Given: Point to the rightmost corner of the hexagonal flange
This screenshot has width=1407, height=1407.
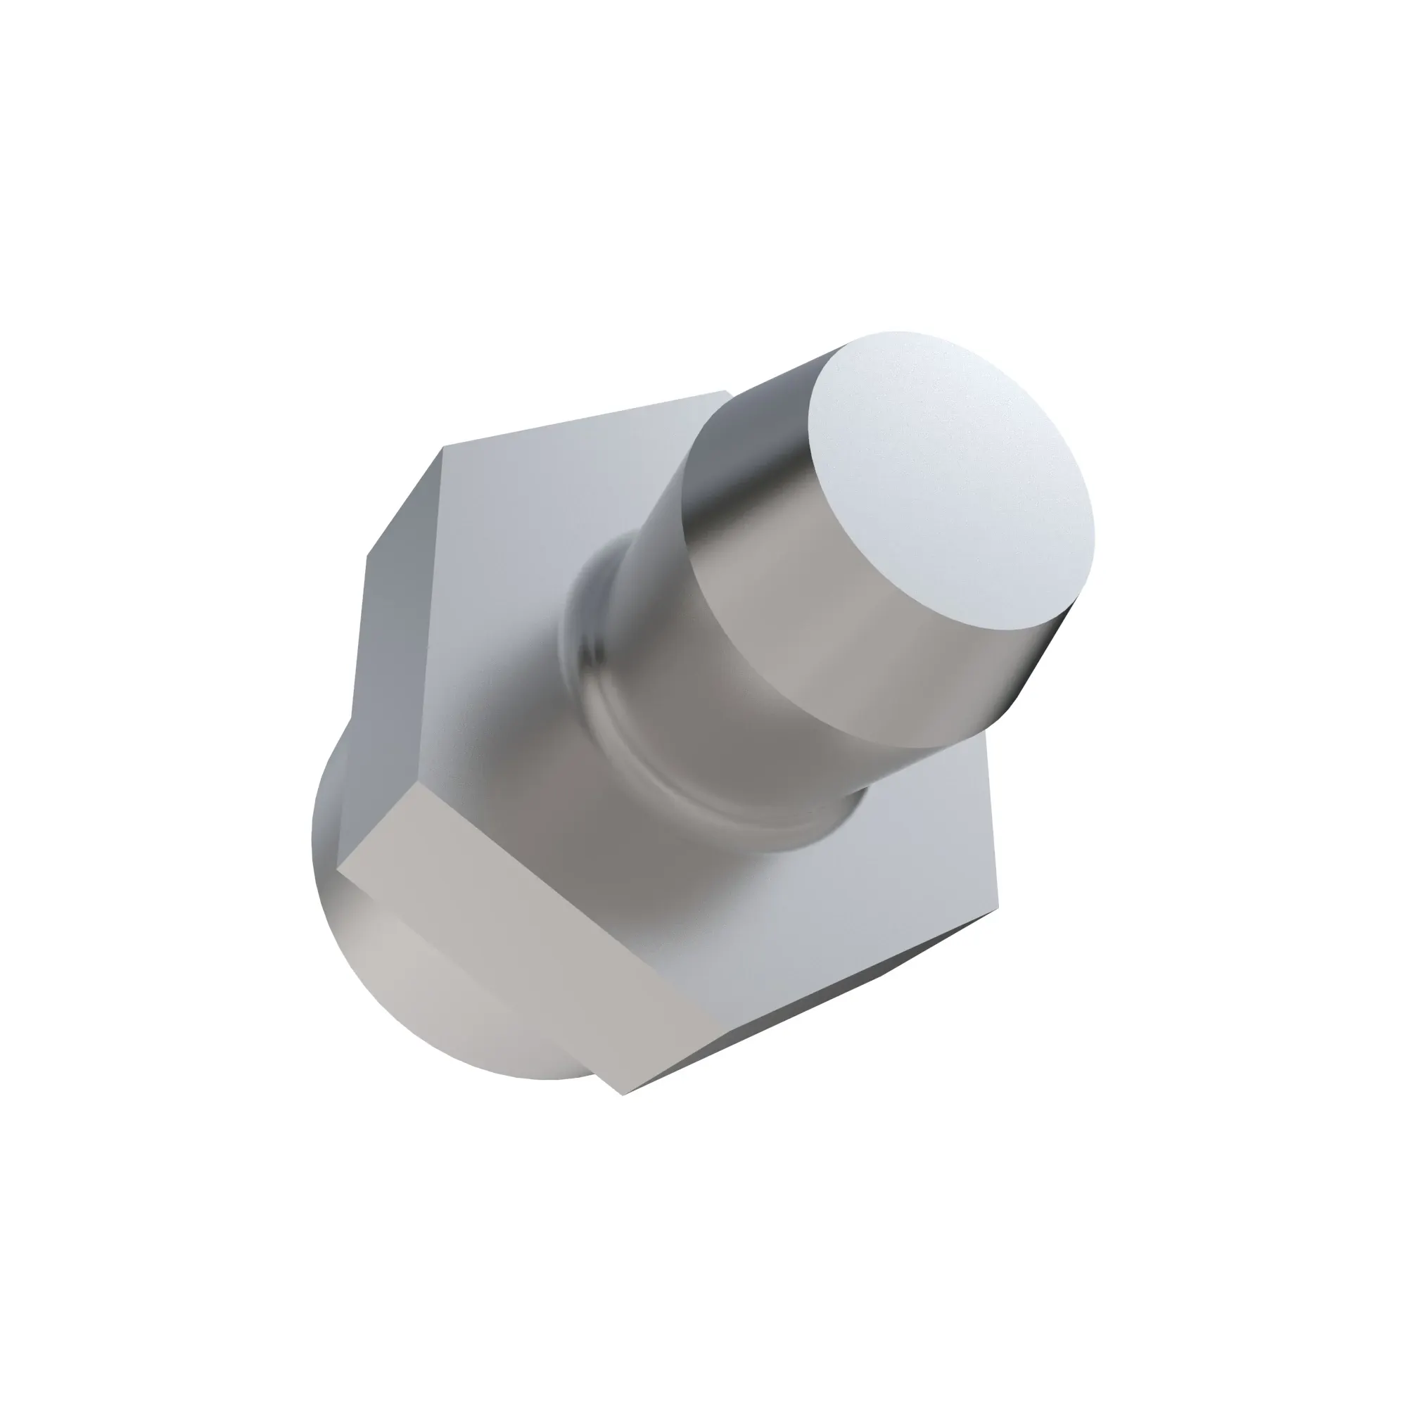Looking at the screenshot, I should pyautogui.click(x=998, y=907).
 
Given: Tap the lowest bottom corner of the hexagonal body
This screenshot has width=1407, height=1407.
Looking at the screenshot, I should pyautogui.click(x=625, y=1114).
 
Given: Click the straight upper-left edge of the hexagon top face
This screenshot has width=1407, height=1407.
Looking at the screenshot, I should pyautogui.click(x=582, y=422).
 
